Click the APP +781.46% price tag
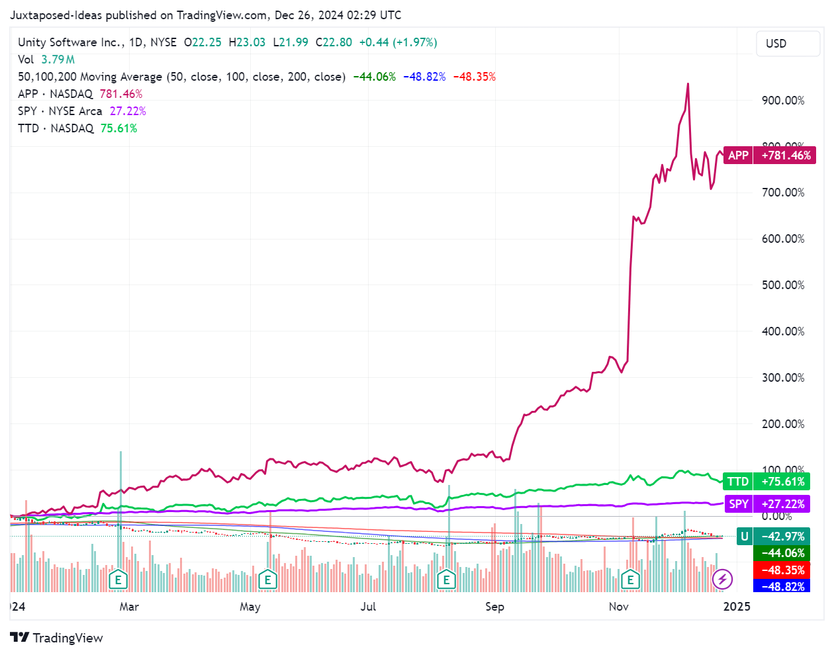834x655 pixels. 769,155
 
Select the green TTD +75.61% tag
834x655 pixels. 767,482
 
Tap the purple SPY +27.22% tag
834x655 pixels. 767,504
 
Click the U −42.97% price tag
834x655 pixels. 772,537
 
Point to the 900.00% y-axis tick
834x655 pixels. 783,101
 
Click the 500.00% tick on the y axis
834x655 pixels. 783,285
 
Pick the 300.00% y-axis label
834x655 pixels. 783,378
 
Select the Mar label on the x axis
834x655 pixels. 129,607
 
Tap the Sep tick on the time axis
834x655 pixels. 494,607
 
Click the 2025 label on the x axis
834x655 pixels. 737,607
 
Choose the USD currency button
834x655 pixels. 776,44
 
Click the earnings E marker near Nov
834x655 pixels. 630,580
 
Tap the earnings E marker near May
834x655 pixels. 267,580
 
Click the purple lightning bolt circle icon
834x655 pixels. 722,580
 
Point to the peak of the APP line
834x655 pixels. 688,84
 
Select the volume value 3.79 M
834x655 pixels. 58,60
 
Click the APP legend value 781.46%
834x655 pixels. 121,94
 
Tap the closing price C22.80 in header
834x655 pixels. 334,42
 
